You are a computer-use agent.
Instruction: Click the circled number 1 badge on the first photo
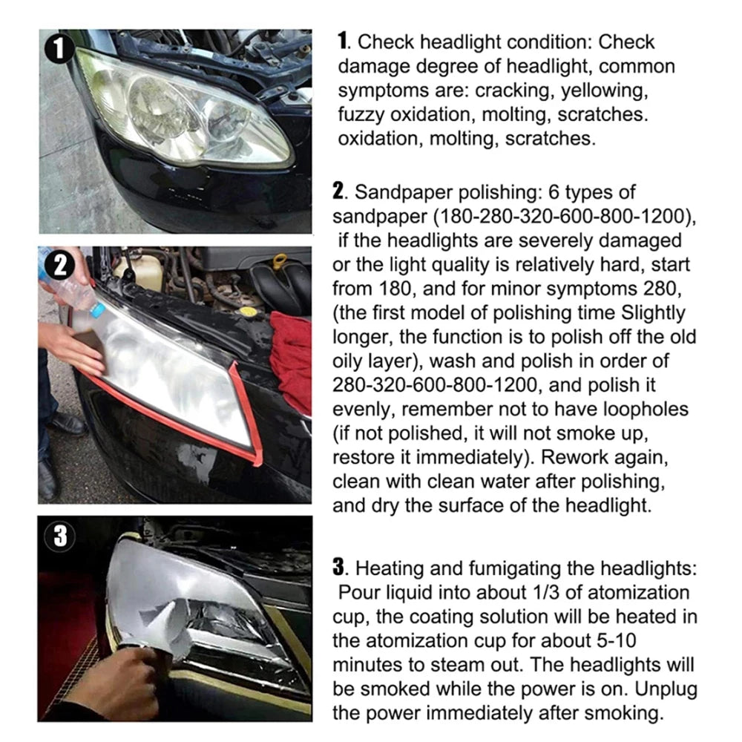click(59, 51)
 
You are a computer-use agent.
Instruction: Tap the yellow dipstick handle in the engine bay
click(280, 262)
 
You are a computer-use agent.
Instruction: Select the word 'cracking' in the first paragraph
click(511, 91)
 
